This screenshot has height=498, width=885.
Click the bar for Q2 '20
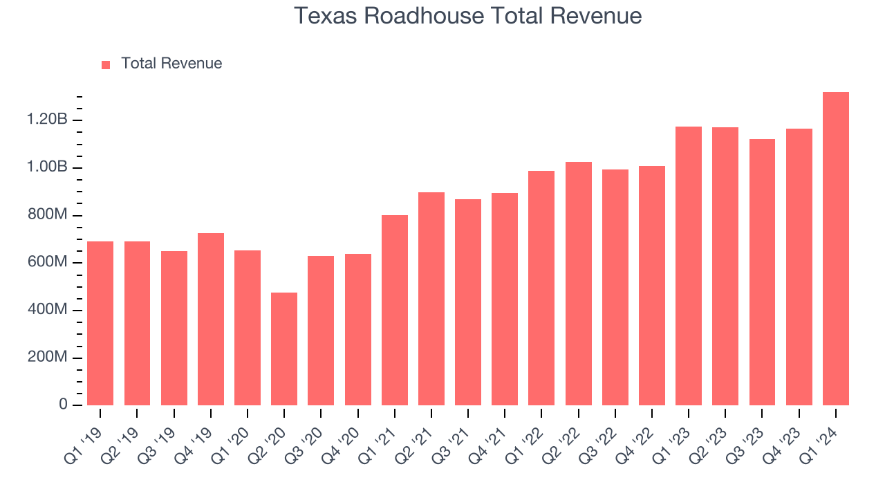coord(284,349)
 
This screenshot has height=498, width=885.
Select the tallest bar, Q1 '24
coord(836,248)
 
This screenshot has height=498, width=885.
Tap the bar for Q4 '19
coord(211,319)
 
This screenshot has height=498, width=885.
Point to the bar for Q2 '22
coord(579,284)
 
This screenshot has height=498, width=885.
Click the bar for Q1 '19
coord(100,323)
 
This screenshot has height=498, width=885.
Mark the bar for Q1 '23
coord(689,266)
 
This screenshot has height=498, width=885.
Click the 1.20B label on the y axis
coord(47,120)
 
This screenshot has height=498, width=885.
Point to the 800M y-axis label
coord(48,215)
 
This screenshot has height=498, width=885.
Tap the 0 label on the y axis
coord(63,405)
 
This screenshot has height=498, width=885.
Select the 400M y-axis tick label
coord(48,310)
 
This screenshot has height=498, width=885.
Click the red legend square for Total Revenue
coord(106,64)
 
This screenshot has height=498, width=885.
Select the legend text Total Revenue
coord(171,64)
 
